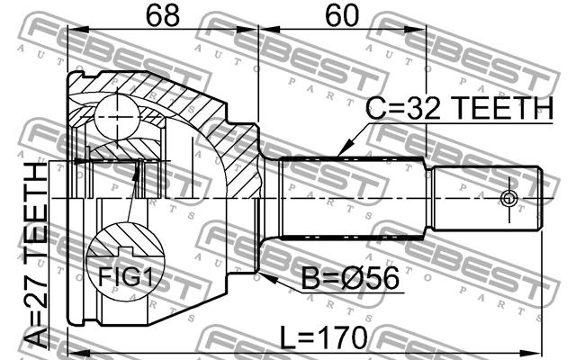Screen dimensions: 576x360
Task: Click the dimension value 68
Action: [163, 16]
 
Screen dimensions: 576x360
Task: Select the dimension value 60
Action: [342, 16]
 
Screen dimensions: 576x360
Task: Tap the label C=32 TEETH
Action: [460, 108]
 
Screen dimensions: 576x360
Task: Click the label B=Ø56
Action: [350, 278]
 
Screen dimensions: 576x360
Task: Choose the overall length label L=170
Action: [323, 337]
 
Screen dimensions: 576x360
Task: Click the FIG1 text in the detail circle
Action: [125, 276]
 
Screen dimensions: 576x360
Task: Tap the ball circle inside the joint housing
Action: [117, 117]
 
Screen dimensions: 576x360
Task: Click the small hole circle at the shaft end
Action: [509, 199]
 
